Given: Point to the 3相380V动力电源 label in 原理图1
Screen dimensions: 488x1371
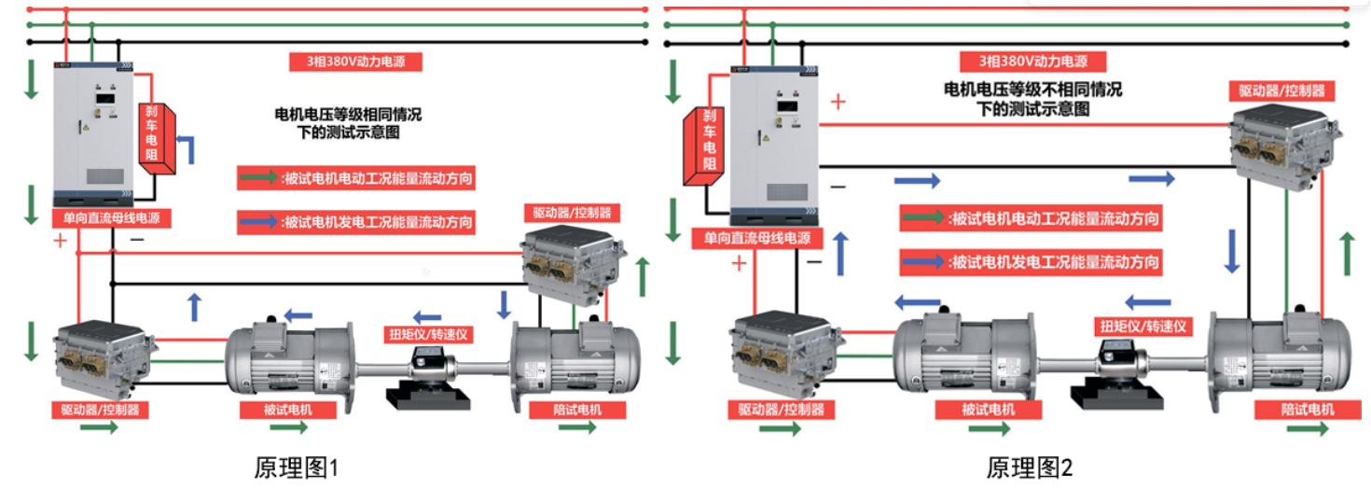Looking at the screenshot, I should click(x=356, y=63).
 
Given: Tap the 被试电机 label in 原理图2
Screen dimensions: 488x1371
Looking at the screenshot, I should click(x=988, y=410).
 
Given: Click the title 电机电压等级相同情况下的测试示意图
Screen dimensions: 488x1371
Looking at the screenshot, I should click(x=347, y=122).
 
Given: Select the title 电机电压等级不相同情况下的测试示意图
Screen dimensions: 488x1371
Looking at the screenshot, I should click(x=1032, y=99).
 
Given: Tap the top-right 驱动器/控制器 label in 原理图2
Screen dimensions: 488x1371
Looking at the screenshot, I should click(x=1281, y=91).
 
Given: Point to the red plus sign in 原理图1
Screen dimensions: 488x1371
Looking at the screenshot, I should click(x=62, y=241).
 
